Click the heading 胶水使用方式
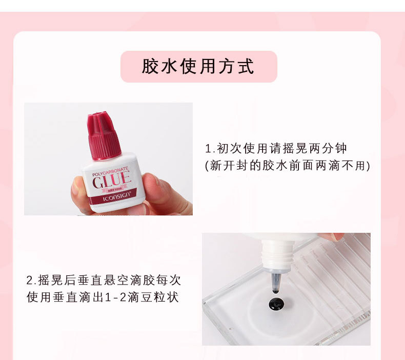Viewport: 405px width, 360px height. (198, 67)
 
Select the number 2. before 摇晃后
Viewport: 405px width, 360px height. (31, 281)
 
